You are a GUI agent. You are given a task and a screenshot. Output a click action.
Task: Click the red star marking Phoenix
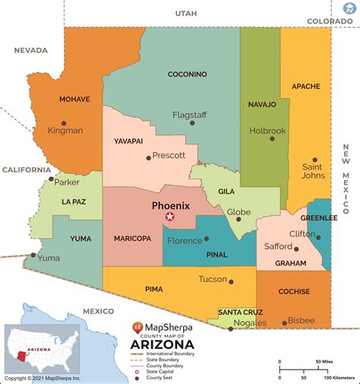pos(170,218)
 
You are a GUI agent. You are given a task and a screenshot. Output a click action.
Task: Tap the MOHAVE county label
pos(74,99)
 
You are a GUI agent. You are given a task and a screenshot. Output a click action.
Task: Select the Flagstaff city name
pos(190,115)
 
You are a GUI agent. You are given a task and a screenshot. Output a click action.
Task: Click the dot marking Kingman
pos(64,122)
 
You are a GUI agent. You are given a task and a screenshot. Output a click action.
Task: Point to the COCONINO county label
pos(188,74)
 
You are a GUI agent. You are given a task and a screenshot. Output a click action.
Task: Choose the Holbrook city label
pos(267,131)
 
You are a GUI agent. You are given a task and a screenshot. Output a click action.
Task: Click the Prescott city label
pos(169,156)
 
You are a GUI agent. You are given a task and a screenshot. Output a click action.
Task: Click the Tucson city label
pos(213,279)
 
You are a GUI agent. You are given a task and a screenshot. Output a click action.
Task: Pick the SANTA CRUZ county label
pos(241,312)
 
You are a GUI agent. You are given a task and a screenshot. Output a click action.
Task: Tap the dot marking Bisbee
pos(284,323)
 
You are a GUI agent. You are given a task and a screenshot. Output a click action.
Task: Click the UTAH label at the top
pos(185,14)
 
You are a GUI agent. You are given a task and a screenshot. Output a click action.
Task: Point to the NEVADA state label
pos(30,50)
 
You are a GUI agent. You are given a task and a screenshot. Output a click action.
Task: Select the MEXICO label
pos(97,311)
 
